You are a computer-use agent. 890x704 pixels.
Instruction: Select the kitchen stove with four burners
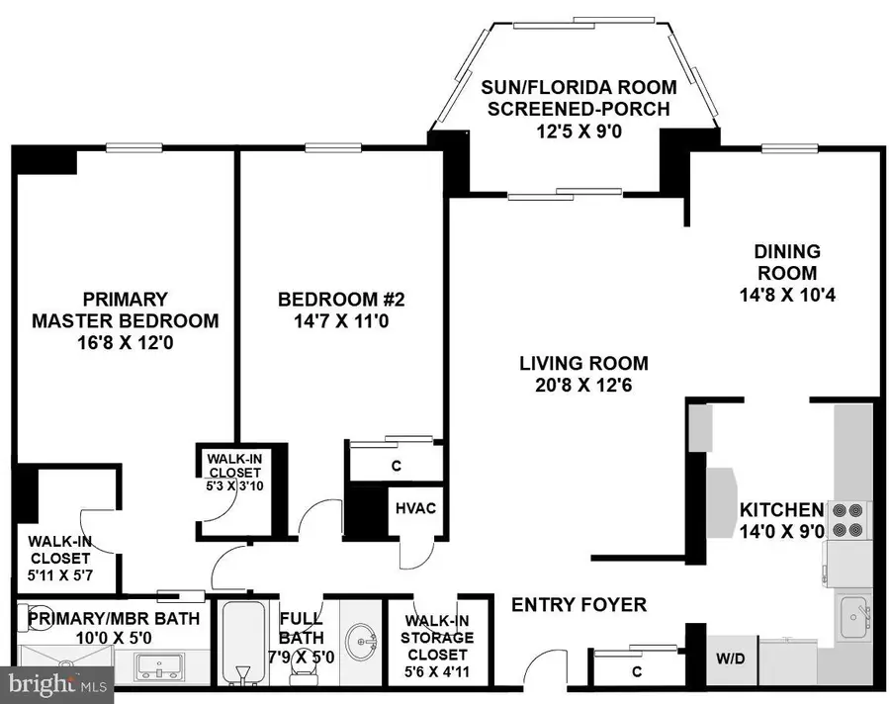tap(847, 519)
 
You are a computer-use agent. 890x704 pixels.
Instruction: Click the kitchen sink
tap(853, 620)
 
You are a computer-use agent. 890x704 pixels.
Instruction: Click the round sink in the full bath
tap(361, 633)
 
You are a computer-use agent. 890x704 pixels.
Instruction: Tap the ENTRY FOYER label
tap(578, 604)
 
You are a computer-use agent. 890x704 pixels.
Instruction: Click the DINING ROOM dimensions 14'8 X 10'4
tap(788, 295)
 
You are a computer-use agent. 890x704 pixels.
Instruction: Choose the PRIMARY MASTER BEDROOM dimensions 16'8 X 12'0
tap(126, 343)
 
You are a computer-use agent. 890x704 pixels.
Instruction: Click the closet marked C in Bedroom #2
tap(395, 466)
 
